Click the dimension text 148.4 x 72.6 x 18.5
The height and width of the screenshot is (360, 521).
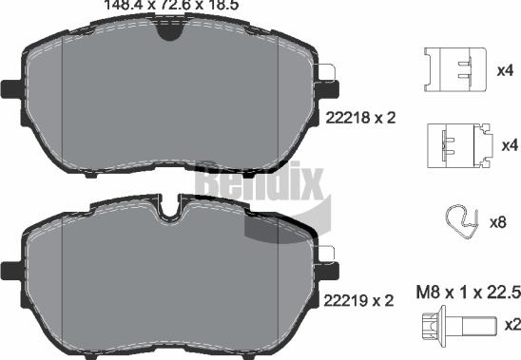(157, 5)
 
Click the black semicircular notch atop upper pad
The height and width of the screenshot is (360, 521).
(169, 29)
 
